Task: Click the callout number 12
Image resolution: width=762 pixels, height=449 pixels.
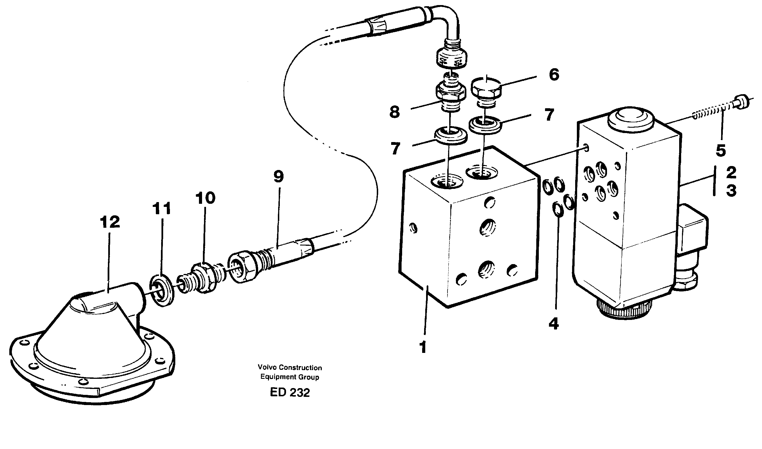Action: (x=110, y=222)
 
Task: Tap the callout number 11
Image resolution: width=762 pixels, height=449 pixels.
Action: (x=161, y=209)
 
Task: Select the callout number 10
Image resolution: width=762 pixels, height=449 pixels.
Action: (x=205, y=198)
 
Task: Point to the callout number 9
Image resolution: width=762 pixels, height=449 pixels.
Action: (x=279, y=177)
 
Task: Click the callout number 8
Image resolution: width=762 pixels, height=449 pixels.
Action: (x=395, y=112)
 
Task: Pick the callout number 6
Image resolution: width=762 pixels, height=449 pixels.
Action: (x=554, y=75)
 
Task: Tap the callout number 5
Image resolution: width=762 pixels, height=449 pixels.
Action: (x=721, y=151)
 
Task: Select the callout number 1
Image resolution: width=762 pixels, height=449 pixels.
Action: (x=423, y=347)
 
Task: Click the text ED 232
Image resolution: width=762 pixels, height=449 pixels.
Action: (x=290, y=393)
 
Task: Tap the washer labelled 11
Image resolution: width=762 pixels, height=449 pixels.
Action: (x=162, y=290)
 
